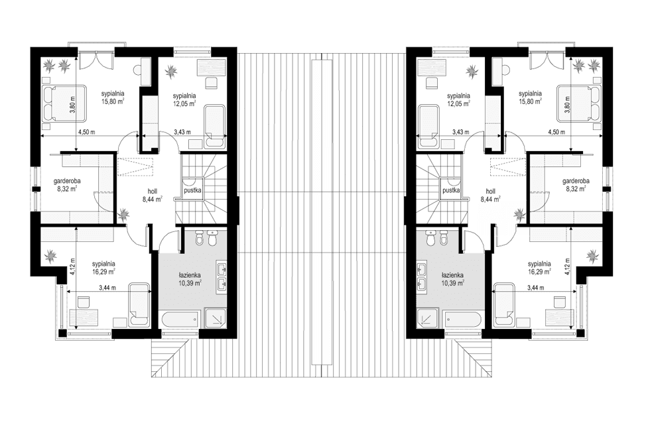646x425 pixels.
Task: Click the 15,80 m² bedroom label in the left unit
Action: (113, 97)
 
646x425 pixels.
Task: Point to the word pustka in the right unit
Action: (452, 190)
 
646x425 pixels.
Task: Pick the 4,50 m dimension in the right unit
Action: (556, 133)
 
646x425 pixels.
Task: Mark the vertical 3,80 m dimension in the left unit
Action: (72, 107)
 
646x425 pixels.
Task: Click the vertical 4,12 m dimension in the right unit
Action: (568, 267)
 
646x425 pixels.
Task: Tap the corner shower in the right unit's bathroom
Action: (430, 319)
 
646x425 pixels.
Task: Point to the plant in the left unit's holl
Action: (125, 214)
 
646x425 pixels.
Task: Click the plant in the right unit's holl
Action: (519, 214)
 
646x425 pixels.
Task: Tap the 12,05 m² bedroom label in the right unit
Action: (458, 99)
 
